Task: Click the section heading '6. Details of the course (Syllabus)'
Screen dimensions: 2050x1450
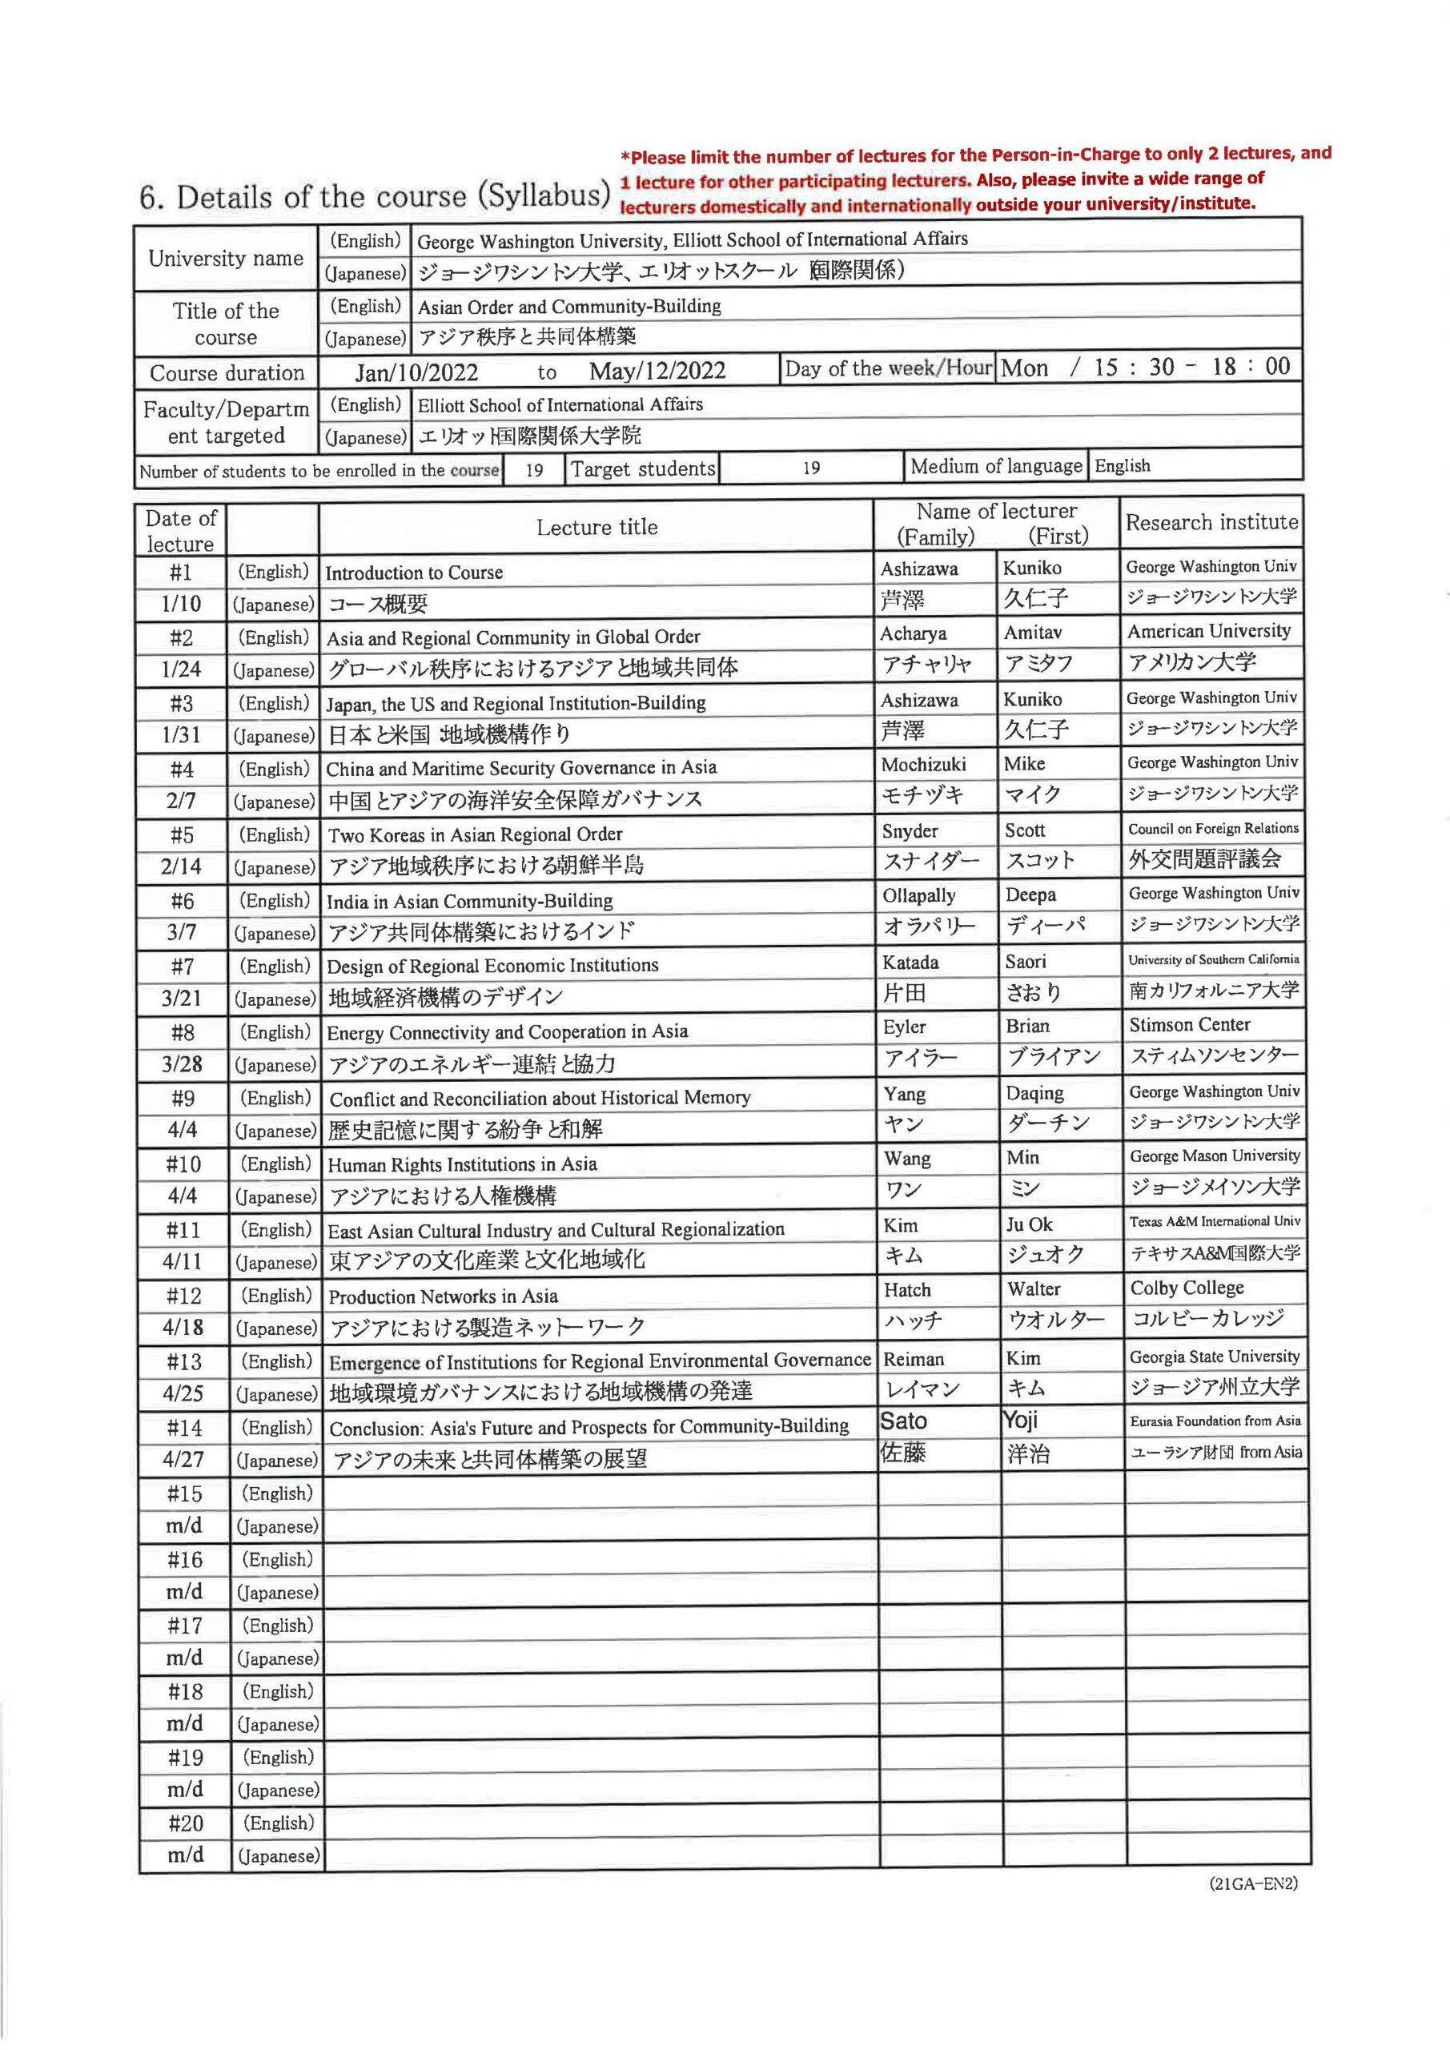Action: [x=374, y=196]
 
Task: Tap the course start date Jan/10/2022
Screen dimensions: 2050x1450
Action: [x=416, y=372]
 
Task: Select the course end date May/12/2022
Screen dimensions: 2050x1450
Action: [x=657, y=371]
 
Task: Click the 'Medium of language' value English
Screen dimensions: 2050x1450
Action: [x=1123, y=466]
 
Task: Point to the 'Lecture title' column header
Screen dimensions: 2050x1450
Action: [x=596, y=528]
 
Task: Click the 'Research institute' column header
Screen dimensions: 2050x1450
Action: [x=1211, y=523]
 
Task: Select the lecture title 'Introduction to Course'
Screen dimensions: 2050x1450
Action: [x=414, y=573]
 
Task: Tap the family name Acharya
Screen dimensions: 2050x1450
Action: [x=913, y=634]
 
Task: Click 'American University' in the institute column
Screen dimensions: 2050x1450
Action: [x=1208, y=631]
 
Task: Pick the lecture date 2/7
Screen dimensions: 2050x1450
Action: [x=181, y=801]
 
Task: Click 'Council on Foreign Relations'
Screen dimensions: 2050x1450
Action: [x=1212, y=829]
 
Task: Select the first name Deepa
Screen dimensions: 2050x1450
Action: [x=1030, y=894]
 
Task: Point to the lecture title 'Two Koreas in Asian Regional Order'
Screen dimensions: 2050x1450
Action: [x=475, y=835]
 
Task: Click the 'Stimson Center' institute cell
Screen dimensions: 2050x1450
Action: [x=1189, y=1025]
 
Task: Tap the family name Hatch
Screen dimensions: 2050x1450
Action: [x=907, y=1290]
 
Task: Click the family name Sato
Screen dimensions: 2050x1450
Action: [x=904, y=1421]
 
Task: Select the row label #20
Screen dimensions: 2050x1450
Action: [x=185, y=1823]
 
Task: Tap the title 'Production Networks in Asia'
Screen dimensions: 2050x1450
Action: [x=443, y=1296]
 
